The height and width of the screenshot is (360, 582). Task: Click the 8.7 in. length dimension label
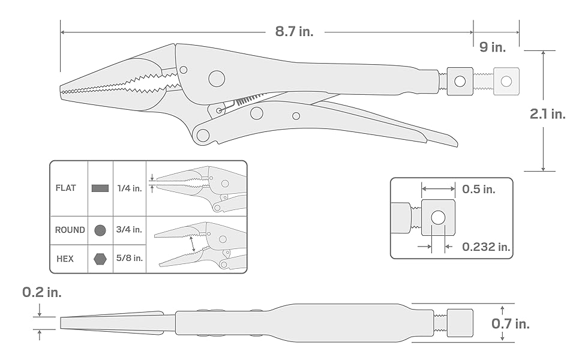(294, 31)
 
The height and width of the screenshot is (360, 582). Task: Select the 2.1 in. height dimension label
(547, 114)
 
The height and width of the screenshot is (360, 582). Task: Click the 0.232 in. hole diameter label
(486, 246)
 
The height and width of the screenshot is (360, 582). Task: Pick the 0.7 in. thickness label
(510, 324)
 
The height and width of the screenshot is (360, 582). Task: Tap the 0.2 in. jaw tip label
(41, 293)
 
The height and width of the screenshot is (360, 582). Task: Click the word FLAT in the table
(65, 188)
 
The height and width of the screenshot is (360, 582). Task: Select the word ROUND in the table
(70, 230)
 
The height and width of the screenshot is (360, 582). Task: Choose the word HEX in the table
(65, 259)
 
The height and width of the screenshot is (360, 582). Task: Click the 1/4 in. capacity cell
(130, 188)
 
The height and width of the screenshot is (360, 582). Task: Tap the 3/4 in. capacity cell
(130, 230)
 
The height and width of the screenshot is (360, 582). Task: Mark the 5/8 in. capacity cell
(130, 259)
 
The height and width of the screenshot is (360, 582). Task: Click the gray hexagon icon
(100, 259)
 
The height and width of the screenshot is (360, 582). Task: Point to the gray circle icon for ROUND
(100, 230)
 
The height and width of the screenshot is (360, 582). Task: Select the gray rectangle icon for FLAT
(100, 188)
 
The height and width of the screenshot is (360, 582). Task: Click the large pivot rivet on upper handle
(216, 78)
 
